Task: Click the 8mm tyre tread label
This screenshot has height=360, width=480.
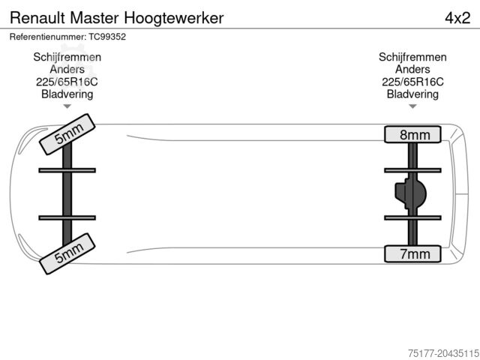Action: click(x=414, y=135)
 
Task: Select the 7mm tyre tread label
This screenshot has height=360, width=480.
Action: click(x=414, y=254)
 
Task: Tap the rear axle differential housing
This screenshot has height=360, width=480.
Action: click(x=410, y=195)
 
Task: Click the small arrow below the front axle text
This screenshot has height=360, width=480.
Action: click(x=67, y=106)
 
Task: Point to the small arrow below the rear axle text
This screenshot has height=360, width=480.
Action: click(x=412, y=106)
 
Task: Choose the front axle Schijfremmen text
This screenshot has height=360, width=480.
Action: click(x=67, y=57)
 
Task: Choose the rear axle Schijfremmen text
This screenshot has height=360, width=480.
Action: click(x=412, y=57)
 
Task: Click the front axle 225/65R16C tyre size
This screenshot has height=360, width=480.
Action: click(x=67, y=82)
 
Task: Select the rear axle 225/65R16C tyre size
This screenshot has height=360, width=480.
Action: click(x=412, y=82)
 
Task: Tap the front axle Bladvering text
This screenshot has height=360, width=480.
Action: click(x=67, y=94)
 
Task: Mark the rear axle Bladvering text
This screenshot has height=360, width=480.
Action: click(x=412, y=94)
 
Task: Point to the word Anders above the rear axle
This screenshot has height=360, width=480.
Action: click(x=412, y=69)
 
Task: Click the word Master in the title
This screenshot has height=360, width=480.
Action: click(x=100, y=17)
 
